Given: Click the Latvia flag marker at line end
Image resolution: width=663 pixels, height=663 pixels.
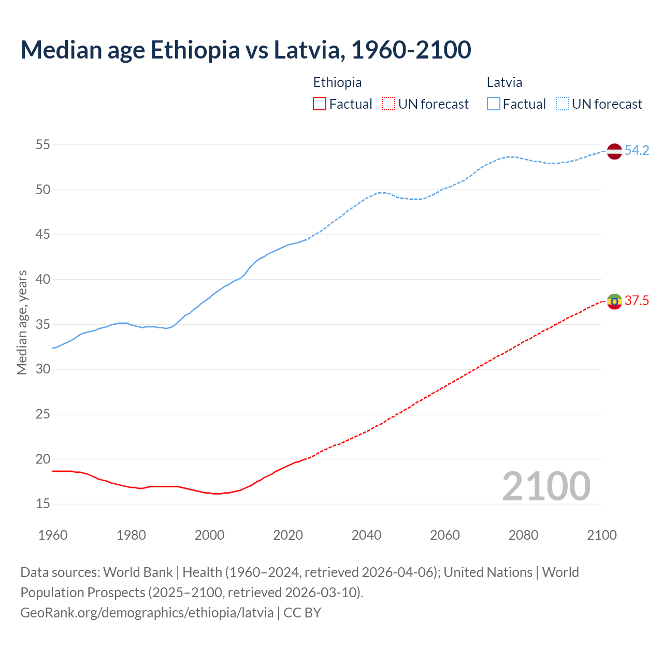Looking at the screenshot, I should (x=614, y=151).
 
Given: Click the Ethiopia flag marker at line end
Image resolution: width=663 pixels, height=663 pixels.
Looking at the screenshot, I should (x=614, y=301).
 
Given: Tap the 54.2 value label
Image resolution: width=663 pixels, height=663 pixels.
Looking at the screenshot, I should (x=637, y=151).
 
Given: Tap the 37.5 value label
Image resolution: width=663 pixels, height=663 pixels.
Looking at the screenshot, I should (x=637, y=301).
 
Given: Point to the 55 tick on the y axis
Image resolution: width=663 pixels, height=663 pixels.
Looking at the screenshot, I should (x=43, y=145).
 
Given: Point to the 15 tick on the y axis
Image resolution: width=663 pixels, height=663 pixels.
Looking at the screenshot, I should (x=43, y=503).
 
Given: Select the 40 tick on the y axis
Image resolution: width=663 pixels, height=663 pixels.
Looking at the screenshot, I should (x=43, y=279).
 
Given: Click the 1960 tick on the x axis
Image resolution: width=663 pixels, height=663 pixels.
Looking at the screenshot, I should (x=53, y=535).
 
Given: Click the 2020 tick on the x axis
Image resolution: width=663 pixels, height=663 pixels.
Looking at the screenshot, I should (x=288, y=535).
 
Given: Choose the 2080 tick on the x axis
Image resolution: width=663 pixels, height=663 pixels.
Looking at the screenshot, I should (x=523, y=535).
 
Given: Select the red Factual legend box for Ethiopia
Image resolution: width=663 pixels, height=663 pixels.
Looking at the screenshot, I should (x=320, y=104).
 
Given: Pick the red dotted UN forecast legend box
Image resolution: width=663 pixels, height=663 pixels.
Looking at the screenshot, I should (x=388, y=104).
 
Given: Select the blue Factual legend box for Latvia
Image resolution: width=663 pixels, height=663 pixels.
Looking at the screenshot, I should (x=493, y=104).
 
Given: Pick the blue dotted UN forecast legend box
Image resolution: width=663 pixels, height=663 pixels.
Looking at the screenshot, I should (x=562, y=104).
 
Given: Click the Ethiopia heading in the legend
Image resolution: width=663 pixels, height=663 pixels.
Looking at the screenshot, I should (x=337, y=82).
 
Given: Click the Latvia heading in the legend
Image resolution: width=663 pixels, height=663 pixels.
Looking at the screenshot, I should (x=505, y=82).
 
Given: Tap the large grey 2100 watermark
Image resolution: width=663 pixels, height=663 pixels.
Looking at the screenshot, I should (x=546, y=486).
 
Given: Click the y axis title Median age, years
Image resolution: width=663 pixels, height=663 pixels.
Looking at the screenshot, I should (x=22, y=322).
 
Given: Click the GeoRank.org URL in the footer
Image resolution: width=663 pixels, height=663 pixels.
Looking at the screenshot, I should (x=147, y=613).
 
